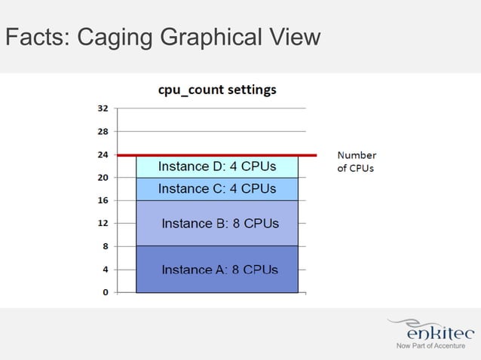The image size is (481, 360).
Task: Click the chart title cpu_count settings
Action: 216,90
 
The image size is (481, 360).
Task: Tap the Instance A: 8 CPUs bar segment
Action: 217,269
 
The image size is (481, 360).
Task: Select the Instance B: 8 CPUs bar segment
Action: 217,224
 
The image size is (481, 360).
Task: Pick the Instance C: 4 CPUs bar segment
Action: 217,189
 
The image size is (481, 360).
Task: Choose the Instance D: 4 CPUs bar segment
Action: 217,166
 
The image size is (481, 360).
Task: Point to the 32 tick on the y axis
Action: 102,108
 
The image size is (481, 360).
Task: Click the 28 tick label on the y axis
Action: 102,131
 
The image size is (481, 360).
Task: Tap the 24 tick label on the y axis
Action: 102,154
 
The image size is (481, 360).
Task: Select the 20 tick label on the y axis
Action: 102,178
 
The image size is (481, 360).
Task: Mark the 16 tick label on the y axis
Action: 102,200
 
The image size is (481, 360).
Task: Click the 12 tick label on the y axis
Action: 102,223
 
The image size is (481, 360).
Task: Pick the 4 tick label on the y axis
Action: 105,269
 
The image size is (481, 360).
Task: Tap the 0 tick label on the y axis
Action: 105,292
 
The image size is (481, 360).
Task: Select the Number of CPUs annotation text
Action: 356,161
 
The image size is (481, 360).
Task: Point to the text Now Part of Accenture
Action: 430,346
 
